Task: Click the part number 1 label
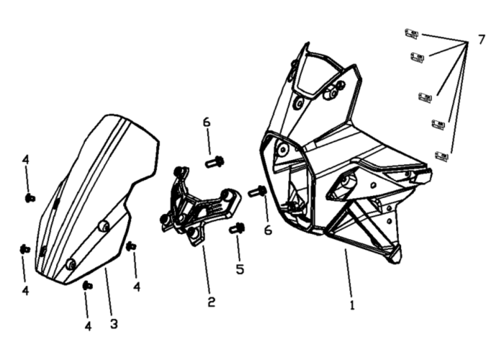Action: click(x=352, y=305)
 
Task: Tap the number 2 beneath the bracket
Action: click(x=211, y=302)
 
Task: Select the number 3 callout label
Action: click(x=114, y=324)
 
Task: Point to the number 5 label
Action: click(x=240, y=269)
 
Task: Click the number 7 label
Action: click(x=481, y=40)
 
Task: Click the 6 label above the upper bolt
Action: click(x=207, y=122)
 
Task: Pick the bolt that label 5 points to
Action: click(x=237, y=228)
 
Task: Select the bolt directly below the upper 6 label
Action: click(x=215, y=161)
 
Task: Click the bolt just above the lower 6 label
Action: click(x=258, y=192)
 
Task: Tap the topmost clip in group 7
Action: click(x=411, y=34)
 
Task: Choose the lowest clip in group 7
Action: click(x=442, y=156)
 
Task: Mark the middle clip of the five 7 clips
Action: click(x=426, y=97)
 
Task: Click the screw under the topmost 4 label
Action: click(x=30, y=198)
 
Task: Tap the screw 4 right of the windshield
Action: click(x=131, y=246)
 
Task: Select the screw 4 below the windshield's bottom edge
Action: click(x=88, y=285)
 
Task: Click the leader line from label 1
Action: click(x=348, y=273)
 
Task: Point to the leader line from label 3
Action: click(x=109, y=292)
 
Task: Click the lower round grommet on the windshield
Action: click(x=71, y=264)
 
